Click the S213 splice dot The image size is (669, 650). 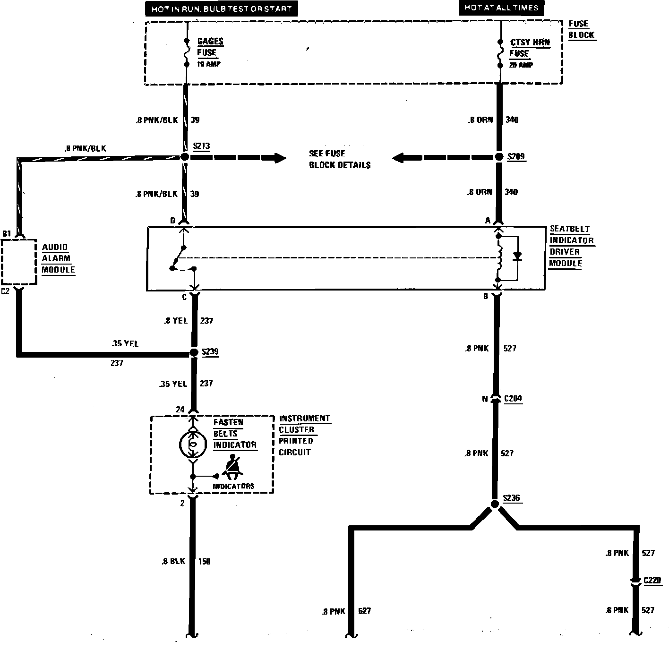(184, 157)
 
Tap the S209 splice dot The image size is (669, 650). (499, 157)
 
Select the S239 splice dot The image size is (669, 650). (193, 352)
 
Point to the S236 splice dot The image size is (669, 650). (495, 505)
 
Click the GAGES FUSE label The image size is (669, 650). (209, 47)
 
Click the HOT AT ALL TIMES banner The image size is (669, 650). (501, 8)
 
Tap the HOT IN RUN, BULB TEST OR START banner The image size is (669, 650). (222, 9)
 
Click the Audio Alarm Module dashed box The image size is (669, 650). (19, 262)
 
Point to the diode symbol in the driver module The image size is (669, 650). (517, 257)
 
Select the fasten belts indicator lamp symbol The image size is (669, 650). (193, 444)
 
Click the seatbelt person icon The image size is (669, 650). (232, 466)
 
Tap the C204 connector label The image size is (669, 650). (513, 399)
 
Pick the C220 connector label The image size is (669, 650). (652, 580)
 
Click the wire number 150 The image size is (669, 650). (204, 561)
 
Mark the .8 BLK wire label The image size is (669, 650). (173, 561)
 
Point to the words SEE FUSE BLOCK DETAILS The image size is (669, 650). (339, 159)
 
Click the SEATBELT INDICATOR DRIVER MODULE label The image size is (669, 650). (571, 246)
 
